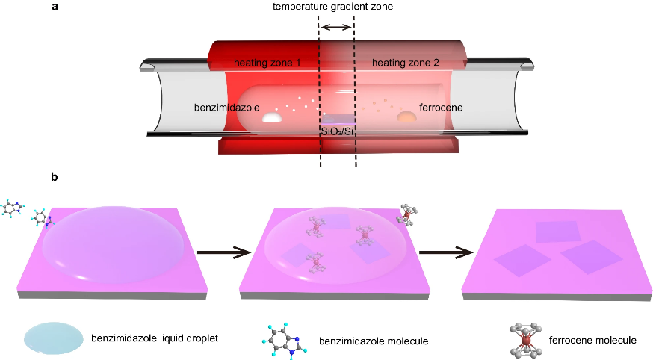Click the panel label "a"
tap(55, 7)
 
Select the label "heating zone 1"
tap(267, 63)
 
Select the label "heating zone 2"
tap(406, 63)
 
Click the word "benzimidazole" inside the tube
tap(226, 108)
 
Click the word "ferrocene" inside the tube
tap(441, 108)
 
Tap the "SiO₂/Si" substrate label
tap(338, 131)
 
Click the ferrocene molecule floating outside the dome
tap(408, 213)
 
